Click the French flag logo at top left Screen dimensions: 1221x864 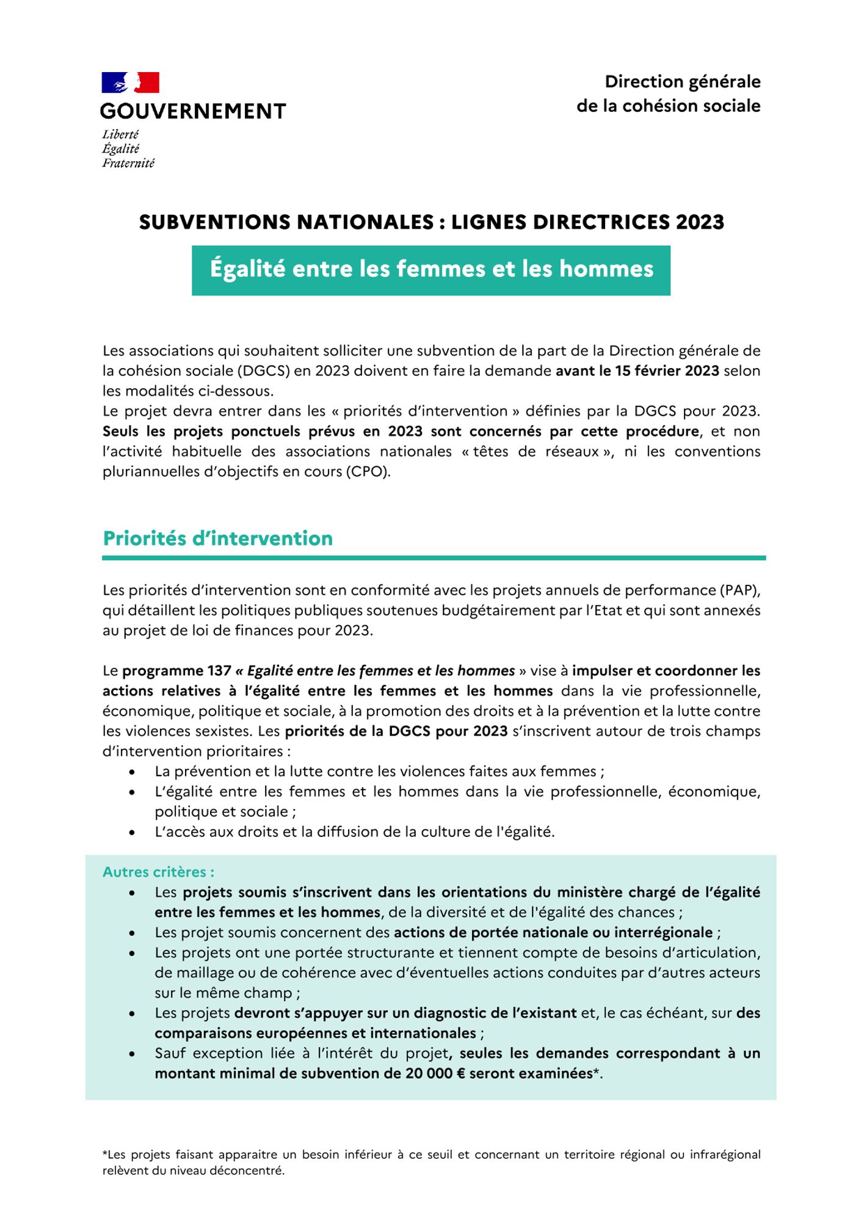coord(130,82)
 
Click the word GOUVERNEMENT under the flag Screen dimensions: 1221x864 coord(193,111)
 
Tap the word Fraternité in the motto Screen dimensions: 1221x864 coord(128,163)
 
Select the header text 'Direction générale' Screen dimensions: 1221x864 coord(682,82)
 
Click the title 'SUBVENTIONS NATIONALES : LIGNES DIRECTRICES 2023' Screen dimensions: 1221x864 coord(431,222)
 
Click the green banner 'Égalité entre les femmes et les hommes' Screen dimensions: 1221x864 coord(431,270)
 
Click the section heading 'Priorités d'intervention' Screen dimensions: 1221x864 coord(218,538)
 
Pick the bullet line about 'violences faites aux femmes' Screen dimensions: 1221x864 coord(379,772)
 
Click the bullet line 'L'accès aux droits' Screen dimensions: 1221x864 coord(354,832)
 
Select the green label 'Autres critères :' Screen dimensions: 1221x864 coord(158,872)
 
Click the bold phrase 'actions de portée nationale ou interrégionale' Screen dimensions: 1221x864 coord(553,933)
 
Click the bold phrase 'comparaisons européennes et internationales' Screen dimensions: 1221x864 coord(315,1034)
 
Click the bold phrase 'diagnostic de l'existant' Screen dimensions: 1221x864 coord(495,1013)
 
